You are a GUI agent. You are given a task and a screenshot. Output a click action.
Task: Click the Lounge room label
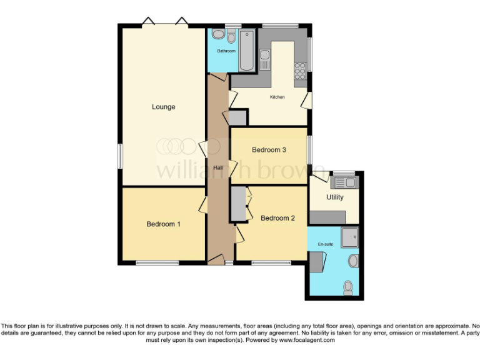[164, 107]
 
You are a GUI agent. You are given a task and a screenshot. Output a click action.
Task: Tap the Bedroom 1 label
[164, 224]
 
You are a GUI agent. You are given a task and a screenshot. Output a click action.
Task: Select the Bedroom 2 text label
[277, 218]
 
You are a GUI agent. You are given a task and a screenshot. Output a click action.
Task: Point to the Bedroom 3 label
[269, 150]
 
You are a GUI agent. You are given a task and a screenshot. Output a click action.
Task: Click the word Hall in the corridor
[218, 168]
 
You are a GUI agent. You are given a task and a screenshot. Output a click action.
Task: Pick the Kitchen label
[277, 97]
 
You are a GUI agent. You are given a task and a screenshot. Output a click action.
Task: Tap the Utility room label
[335, 197]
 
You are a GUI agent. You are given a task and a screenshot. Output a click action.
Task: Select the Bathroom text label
[226, 51]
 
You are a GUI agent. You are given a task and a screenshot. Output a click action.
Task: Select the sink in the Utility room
[345, 182]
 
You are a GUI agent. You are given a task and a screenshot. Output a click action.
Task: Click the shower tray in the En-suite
[350, 236]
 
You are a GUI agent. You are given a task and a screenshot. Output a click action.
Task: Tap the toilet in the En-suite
[348, 286]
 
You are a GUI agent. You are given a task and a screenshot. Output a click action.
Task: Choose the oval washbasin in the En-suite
[353, 260]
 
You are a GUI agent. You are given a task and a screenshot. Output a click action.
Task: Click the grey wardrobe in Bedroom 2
[238, 204]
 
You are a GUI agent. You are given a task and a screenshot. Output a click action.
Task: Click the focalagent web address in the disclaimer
[306, 340]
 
